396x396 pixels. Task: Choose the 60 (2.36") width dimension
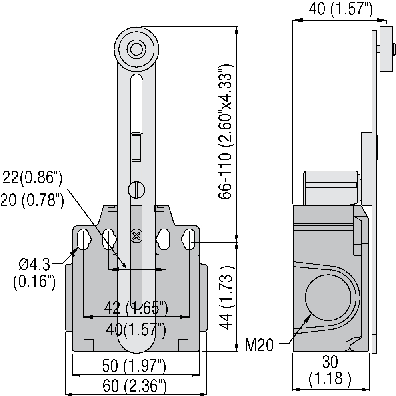pyautogui.click(x=134, y=386)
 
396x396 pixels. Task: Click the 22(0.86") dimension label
pyautogui.click(x=32, y=178)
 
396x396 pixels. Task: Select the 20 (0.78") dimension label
pyautogui.click(x=32, y=200)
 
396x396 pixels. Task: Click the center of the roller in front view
pyautogui.click(x=136, y=50)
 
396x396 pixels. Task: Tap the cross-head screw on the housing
pyautogui.click(x=136, y=236)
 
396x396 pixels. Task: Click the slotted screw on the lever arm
pyautogui.click(x=136, y=189)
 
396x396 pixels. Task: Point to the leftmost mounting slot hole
pyautogui.click(x=83, y=239)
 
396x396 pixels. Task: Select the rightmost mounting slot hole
pyautogui.click(x=190, y=239)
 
